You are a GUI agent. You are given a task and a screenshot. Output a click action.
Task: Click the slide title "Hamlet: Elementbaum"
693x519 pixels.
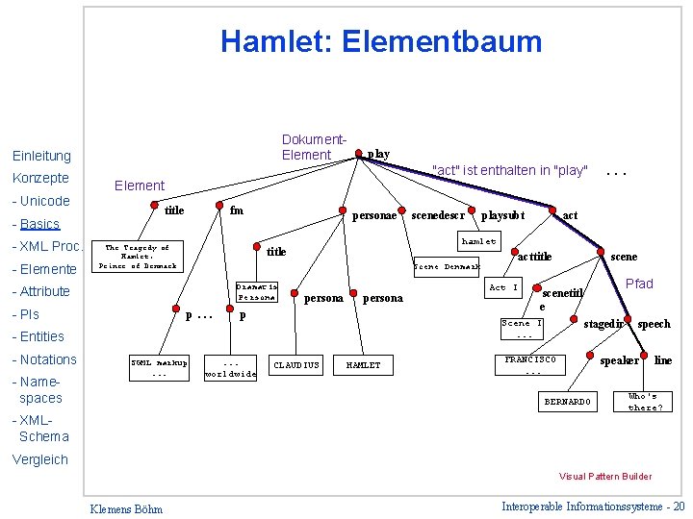coord(381,41)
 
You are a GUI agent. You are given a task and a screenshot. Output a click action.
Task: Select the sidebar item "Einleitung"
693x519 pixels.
coord(41,156)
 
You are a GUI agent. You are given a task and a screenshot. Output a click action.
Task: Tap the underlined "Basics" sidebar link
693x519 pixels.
coord(40,224)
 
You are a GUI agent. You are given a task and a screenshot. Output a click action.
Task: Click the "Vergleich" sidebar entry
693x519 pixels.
coord(40,459)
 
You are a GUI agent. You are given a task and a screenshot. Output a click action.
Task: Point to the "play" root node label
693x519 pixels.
coord(378,154)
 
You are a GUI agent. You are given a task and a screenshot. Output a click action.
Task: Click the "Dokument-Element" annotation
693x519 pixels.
coord(313,147)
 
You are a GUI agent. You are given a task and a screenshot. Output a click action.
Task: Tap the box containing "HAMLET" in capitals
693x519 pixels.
coord(363,365)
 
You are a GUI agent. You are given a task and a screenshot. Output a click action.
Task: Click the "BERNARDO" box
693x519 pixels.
coord(568,400)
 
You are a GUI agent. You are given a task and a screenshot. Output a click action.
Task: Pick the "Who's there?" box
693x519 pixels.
coord(643,401)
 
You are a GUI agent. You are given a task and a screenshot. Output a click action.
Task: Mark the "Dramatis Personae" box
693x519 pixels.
coord(257,291)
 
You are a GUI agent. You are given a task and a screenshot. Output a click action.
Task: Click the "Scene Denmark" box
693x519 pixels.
coord(446,266)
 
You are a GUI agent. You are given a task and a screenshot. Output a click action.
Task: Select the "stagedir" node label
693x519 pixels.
coord(604,324)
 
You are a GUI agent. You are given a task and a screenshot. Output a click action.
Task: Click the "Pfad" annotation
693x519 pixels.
coord(639,284)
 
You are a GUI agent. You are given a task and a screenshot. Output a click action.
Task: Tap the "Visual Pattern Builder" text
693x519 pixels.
coord(605,477)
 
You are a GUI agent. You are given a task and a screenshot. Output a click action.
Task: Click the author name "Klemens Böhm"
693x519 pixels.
coord(125,508)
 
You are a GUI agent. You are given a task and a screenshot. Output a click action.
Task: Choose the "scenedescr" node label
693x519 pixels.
coord(438,215)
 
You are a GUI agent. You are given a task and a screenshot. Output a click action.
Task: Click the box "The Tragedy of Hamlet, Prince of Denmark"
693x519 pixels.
coord(141,257)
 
